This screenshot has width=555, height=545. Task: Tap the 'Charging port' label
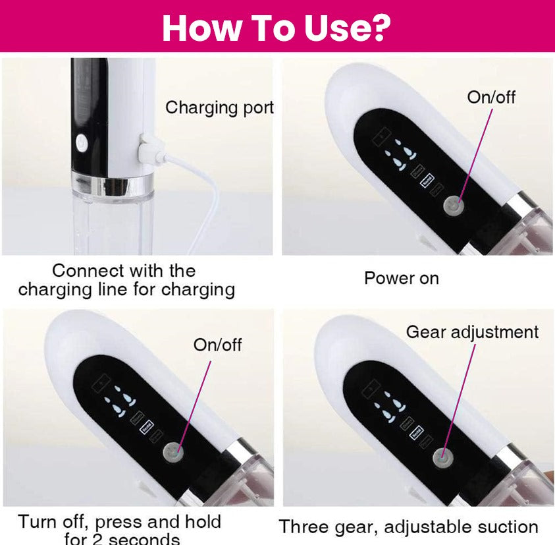tap(219, 107)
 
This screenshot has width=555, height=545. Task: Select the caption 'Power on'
tap(401, 278)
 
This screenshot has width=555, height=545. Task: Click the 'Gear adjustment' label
tap(471, 332)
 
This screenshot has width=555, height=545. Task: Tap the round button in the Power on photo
tap(453, 206)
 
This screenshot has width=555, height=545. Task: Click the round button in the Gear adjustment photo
tap(442, 457)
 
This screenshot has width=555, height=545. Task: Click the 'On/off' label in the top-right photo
tap(491, 97)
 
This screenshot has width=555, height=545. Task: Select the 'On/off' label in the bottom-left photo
tap(217, 345)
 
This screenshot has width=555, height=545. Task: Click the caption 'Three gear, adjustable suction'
tap(408, 527)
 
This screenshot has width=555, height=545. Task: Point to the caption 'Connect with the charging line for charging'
tap(126, 280)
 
